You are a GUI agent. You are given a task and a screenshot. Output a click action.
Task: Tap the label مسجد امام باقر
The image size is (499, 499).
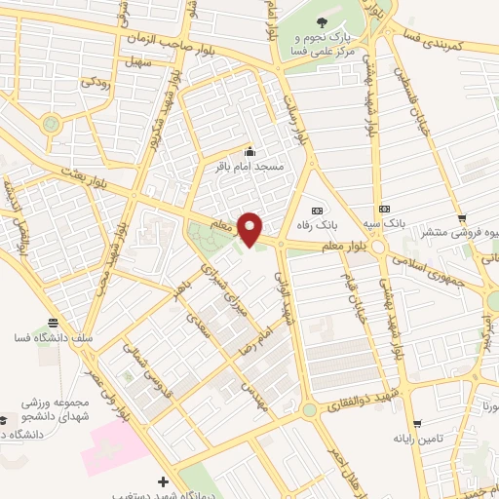(x=249, y=168)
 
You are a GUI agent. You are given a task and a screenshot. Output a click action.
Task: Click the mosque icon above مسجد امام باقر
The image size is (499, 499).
(x=249, y=152)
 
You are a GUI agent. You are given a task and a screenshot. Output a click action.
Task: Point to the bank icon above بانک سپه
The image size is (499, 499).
(x=385, y=209)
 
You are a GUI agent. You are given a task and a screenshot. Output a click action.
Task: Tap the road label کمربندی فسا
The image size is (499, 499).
(x=446, y=40)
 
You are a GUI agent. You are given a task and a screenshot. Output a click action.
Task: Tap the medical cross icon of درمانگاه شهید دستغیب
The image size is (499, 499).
(x=162, y=481)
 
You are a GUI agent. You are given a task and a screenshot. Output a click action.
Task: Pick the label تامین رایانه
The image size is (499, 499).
(x=417, y=439)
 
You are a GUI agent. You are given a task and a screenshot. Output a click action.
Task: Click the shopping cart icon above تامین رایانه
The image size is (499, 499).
(x=418, y=424)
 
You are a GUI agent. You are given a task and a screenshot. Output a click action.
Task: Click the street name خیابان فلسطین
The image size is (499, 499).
(x=410, y=97)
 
